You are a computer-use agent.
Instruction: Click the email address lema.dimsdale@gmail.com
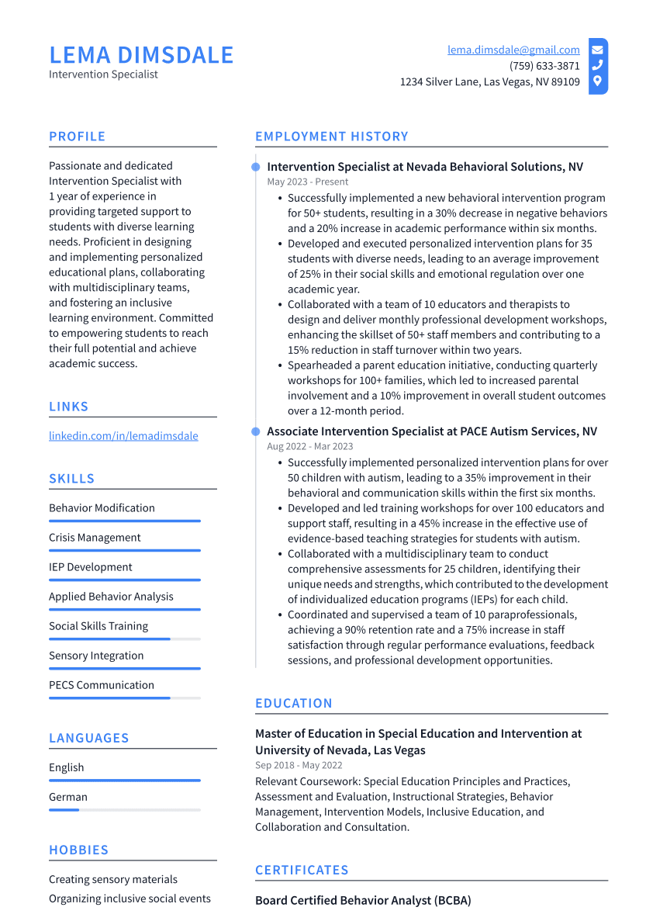pos(513,50)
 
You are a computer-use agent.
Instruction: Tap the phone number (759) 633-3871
pos(544,66)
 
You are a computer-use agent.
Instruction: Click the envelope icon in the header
pos(597,50)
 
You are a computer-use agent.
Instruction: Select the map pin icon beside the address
pos(597,81)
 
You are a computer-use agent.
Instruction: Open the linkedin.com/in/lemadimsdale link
pos(123,436)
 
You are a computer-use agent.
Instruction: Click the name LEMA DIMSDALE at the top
pos(141,55)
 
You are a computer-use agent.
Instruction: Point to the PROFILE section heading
pos(77,137)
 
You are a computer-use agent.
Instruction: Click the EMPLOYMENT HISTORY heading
pos(332,137)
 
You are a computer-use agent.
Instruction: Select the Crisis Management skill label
pos(95,538)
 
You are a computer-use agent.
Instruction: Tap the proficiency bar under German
pos(124,809)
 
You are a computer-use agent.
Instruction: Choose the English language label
pos(67,767)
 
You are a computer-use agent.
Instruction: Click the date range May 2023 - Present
pos(308,182)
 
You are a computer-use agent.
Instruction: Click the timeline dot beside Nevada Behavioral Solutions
pos(255,167)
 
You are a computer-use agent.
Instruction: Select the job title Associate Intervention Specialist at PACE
pos(432,431)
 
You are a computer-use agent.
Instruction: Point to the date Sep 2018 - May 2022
pos(299,766)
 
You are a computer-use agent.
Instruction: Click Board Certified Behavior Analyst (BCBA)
pos(363,901)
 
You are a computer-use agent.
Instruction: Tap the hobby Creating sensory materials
pos(113,879)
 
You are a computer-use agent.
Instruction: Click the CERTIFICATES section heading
pos(302,871)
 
